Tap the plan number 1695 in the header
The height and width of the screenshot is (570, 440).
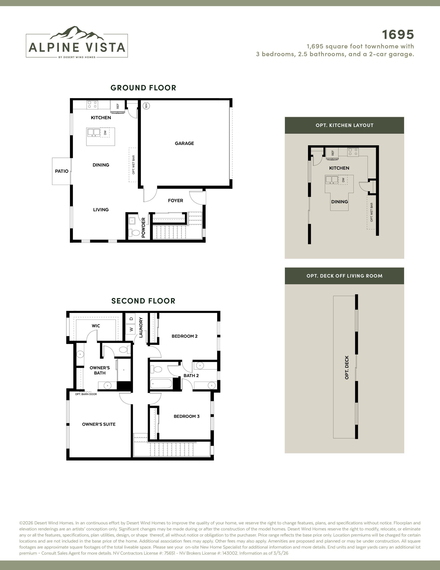[398, 34]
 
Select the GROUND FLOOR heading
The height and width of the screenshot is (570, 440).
[143, 88]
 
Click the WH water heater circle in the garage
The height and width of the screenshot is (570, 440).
[146, 106]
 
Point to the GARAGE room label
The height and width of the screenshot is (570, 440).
[184, 143]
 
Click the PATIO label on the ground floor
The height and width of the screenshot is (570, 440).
[62, 171]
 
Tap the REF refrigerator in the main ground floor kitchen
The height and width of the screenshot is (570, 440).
[118, 107]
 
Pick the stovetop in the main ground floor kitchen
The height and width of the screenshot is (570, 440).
[92, 105]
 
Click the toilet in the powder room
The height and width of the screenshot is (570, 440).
[135, 233]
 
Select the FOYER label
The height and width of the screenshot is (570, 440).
[176, 200]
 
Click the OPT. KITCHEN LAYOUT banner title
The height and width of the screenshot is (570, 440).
[344, 125]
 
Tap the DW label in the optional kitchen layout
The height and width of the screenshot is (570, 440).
[343, 180]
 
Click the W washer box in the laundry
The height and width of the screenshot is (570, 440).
[131, 329]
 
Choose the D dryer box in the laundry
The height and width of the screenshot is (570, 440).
[131, 319]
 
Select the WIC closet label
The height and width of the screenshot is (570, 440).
[96, 326]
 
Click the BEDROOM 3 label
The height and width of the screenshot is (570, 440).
[187, 416]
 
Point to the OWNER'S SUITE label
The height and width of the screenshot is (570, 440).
[99, 424]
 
